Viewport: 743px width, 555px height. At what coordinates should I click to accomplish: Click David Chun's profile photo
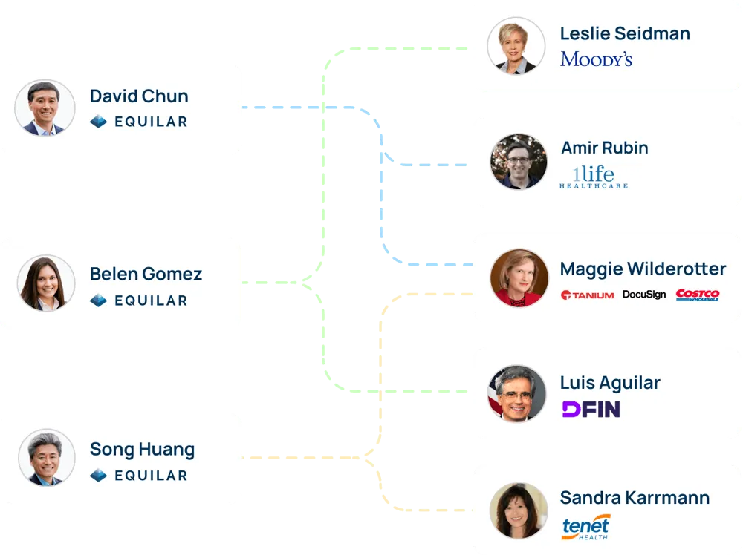[45, 108]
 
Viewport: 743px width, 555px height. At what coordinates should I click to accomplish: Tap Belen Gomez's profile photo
[45, 283]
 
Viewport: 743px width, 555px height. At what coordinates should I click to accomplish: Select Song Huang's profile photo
[45, 458]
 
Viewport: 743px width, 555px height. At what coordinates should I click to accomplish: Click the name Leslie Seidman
[625, 33]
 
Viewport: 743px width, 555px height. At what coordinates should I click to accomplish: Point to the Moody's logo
[596, 59]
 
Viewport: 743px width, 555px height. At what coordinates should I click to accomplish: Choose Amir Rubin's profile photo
[519, 161]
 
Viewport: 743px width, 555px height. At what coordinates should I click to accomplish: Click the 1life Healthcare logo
[593, 177]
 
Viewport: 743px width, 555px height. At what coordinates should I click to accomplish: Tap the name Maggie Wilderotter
[643, 268]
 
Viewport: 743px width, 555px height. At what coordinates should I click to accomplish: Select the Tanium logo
[587, 295]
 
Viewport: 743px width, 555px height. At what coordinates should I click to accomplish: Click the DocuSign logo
[644, 295]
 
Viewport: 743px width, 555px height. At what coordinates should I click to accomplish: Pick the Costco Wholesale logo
[698, 295]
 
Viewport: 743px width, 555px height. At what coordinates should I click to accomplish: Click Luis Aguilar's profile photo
[517, 393]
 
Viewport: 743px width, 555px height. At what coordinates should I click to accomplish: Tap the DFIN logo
[591, 409]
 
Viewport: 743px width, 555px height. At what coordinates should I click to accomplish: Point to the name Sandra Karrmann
[635, 497]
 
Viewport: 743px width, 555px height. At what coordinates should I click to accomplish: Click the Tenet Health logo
[586, 526]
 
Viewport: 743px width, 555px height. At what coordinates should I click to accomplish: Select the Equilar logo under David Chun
[139, 122]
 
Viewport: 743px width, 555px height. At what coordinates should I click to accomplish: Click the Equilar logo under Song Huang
[139, 475]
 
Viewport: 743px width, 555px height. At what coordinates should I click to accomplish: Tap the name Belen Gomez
[146, 274]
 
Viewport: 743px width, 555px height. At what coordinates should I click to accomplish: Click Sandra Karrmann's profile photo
[518, 510]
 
